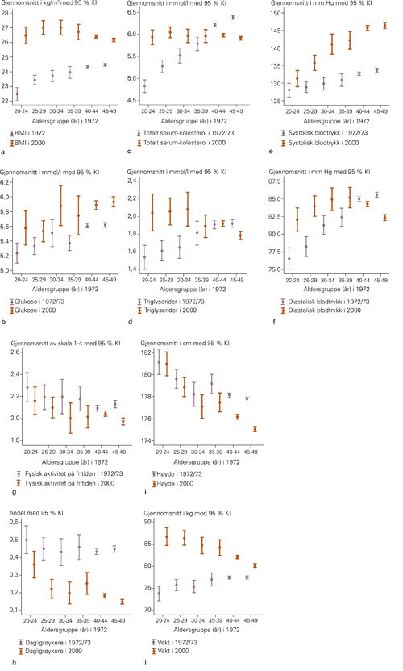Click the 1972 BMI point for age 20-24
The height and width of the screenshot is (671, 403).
(18, 94)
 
